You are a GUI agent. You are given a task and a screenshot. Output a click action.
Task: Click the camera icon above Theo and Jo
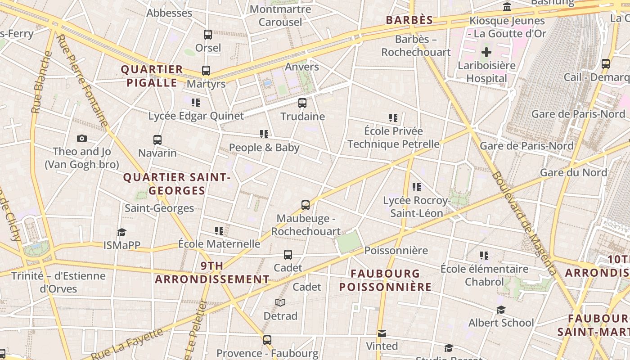click(81, 138)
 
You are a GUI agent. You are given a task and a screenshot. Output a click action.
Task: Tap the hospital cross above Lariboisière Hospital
click(486, 52)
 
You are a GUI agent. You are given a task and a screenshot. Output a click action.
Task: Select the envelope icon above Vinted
click(382, 333)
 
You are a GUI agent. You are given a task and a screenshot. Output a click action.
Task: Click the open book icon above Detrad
click(280, 302)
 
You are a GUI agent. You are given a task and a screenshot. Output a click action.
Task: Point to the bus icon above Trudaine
click(302, 103)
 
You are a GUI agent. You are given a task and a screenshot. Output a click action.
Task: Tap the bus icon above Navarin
click(157, 140)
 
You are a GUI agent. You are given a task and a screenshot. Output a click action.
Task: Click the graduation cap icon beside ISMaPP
click(121, 232)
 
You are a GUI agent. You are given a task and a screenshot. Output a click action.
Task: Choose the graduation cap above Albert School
click(501, 310)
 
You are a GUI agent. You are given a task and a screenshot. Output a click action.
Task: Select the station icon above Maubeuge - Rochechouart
click(306, 205)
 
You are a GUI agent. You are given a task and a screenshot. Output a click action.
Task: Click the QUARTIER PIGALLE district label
click(152, 76)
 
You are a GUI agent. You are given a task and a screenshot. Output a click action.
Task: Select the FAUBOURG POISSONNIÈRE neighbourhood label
click(385, 280)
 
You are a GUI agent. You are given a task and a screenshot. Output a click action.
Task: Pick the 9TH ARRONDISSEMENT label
click(212, 273)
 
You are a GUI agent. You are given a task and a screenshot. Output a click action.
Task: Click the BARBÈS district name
click(409, 20)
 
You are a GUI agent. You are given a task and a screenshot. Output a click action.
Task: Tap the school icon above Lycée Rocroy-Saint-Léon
click(417, 187)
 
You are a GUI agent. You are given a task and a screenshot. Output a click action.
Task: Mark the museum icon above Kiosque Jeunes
click(507, 7)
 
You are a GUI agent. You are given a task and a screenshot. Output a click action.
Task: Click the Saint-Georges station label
click(159, 208)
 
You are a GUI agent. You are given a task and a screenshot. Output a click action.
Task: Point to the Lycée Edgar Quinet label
click(196, 116)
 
